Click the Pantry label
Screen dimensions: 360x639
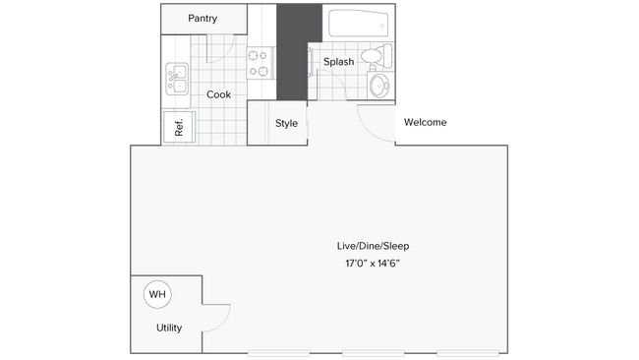point(203,19)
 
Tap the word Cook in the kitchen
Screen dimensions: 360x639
point(218,94)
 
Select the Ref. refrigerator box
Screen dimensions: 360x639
point(179,126)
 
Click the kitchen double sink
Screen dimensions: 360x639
point(178,79)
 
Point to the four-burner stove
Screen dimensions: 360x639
point(259,64)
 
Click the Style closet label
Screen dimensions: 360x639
point(286,124)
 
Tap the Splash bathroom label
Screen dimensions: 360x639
point(338,62)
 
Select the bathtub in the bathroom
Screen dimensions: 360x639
point(359,24)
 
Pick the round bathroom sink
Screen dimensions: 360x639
point(378,86)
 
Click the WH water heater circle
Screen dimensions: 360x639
point(155,293)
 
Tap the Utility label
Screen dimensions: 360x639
point(168,328)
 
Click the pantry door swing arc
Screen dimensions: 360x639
point(224,44)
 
